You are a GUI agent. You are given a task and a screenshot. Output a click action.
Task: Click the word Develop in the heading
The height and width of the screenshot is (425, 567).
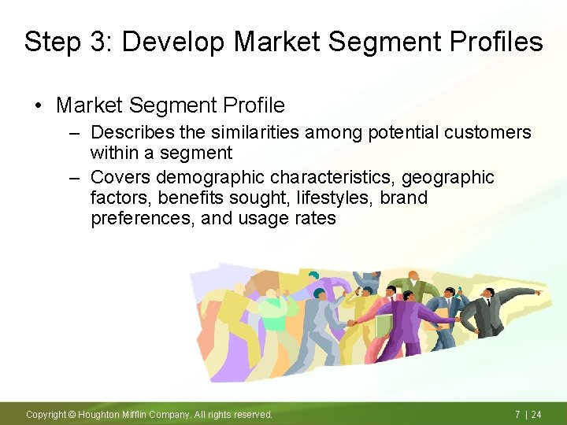[167, 42]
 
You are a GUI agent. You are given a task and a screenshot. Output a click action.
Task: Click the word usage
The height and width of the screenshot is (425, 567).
[232, 218]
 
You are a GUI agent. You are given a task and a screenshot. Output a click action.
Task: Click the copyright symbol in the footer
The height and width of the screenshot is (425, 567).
[72, 414]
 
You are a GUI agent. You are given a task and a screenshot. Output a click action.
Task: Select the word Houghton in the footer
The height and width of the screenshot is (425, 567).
[99, 414]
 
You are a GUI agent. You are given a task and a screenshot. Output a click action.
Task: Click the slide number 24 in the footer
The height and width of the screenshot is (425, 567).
[536, 414]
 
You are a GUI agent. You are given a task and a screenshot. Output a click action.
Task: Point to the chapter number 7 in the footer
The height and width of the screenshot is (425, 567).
[517, 414]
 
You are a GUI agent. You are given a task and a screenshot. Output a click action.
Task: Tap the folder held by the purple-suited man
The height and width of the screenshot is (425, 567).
[384, 326]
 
